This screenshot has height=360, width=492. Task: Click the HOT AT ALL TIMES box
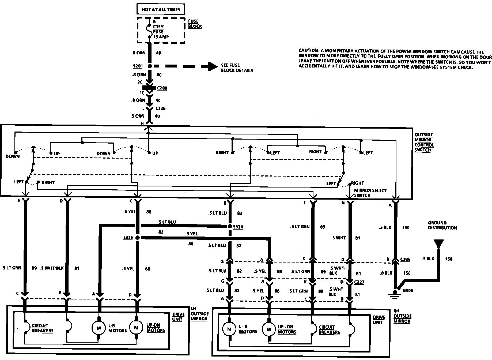tap(161, 9)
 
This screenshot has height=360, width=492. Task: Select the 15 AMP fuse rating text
tap(161, 37)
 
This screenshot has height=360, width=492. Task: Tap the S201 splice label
tap(137, 66)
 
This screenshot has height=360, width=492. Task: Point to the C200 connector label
tap(162, 88)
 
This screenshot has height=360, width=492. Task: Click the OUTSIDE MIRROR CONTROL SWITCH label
tap(424, 142)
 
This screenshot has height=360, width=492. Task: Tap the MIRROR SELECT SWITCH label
tap(370, 193)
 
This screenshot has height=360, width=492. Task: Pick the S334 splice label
tap(238, 227)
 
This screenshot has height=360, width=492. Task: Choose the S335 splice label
tap(128, 238)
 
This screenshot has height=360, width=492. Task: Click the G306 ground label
tap(408, 291)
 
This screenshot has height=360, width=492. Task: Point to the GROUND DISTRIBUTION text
tap(442, 225)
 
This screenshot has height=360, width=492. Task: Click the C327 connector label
tap(359, 282)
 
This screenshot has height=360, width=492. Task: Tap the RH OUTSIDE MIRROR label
tap(402, 316)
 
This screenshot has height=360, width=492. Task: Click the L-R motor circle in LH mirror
tap(99, 328)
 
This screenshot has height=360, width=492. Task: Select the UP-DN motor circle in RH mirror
tap(268, 329)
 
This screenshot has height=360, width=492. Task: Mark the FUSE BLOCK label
tap(195, 24)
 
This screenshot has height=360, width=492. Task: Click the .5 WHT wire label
tap(338, 238)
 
